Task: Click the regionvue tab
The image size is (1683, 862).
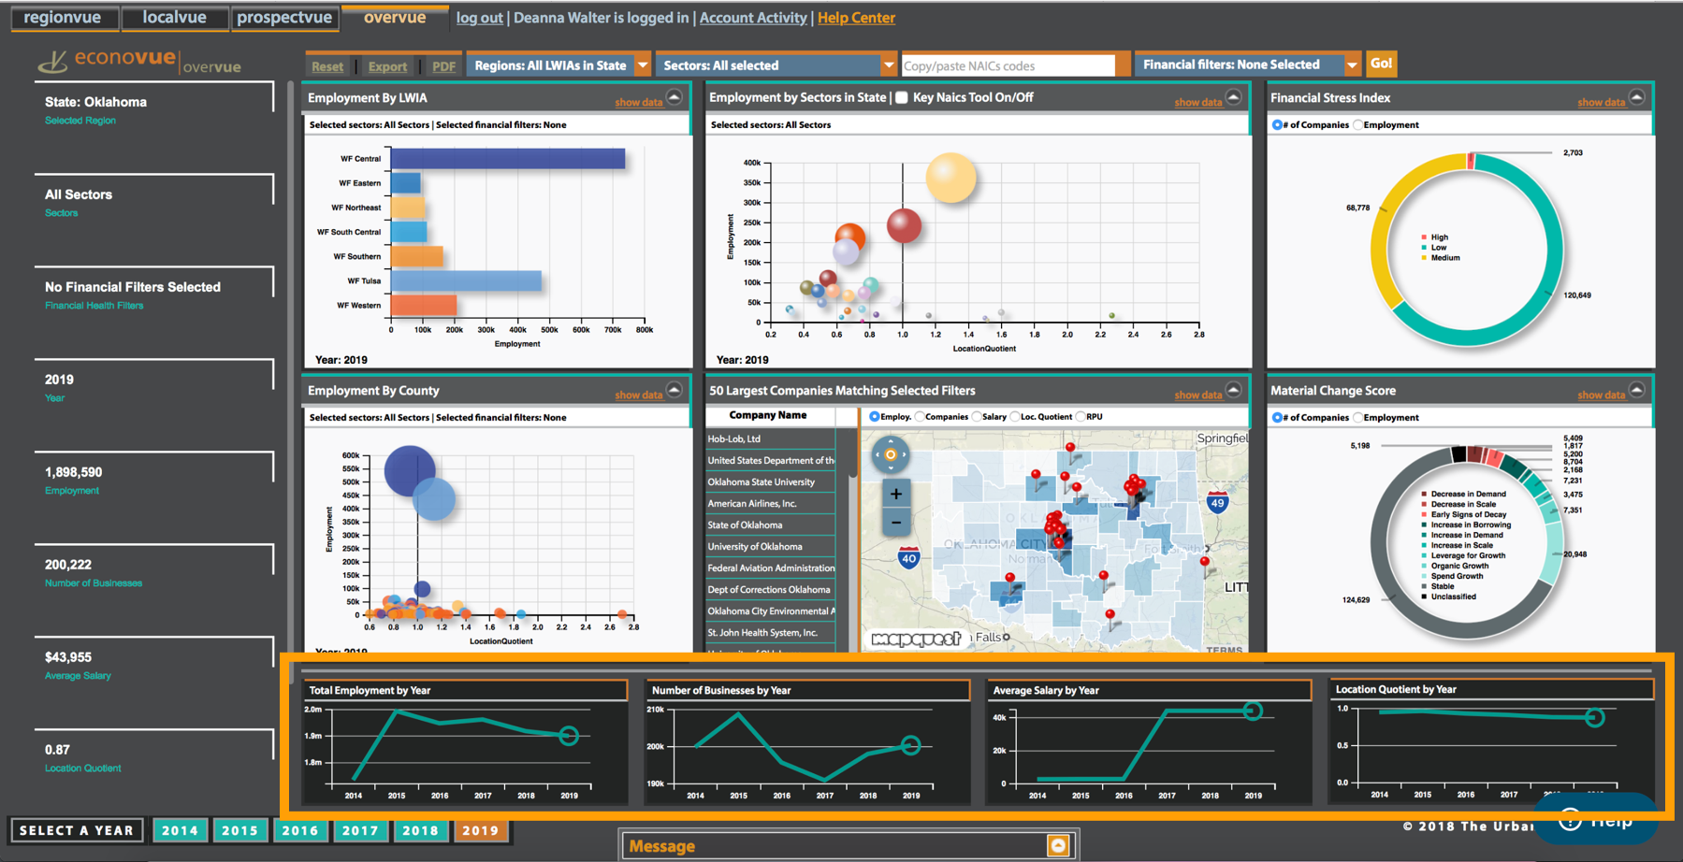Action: click(63, 18)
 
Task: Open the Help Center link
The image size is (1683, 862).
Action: click(856, 18)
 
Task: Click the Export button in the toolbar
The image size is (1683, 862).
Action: click(387, 66)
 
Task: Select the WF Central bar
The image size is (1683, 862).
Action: click(507, 159)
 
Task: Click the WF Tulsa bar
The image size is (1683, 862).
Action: click(466, 280)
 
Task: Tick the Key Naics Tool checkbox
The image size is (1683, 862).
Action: click(902, 98)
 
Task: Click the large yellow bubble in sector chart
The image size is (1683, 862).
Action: click(950, 178)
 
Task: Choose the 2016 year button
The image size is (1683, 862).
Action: click(299, 830)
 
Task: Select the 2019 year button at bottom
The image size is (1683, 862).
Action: click(480, 830)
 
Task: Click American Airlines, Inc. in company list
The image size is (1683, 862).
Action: click(752, 504)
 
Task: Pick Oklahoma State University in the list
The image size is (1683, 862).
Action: click(761, 482)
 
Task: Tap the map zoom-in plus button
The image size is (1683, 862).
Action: click(896, 494)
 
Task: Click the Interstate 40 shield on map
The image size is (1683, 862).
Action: click(908, 559)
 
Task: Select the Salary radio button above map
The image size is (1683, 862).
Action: click(978, 417)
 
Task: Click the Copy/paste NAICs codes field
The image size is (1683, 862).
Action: click(1008, 65)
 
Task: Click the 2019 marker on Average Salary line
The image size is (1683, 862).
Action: click(1253, 711)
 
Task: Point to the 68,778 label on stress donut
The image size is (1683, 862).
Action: click(1357, 208)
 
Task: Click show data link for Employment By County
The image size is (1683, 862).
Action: click(638, 395)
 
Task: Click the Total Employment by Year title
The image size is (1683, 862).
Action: click(370, 691)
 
